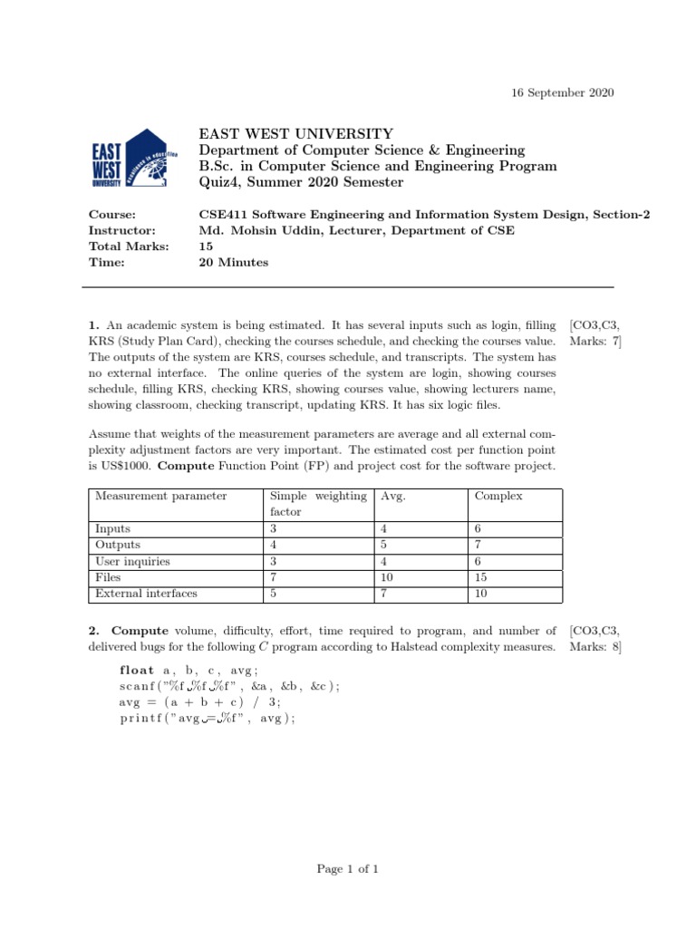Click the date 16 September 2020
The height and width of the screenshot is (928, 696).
click(x=558, y=93)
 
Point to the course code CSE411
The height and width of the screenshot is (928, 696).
click(x=223, y=215)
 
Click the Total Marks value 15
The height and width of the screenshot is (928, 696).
click(x=206, y=246)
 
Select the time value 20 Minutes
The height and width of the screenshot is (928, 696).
click(x=234, y=263)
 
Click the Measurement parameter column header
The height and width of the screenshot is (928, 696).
click(x=160, y=496)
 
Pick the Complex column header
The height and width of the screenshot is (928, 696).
click(x=498, y=496)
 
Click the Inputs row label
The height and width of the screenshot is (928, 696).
click(x=112, y=528)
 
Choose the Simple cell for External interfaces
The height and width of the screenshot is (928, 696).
click(x=274, y=594)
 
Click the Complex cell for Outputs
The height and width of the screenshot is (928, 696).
click(x=478, y=545)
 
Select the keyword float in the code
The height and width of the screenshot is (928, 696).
click(x=137, y=670)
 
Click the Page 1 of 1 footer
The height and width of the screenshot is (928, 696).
click(x=347, y=869)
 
